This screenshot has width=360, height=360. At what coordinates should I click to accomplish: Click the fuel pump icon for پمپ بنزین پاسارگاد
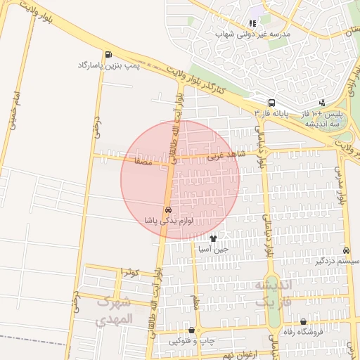tap(108, 55)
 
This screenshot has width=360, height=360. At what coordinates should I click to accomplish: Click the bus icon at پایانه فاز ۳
tap(272, 103)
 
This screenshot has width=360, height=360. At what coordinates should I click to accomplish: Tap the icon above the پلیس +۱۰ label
tap(322, 103)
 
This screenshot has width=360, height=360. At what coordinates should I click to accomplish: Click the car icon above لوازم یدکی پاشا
tap(168, 210)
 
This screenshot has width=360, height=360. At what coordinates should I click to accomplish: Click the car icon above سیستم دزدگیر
tap(346, 251)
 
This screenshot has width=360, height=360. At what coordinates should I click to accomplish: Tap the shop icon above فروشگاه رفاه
tap(303, 321)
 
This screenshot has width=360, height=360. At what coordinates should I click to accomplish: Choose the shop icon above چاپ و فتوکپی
tap(191, 330)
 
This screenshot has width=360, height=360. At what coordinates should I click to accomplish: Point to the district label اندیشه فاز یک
tap(271, 292)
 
